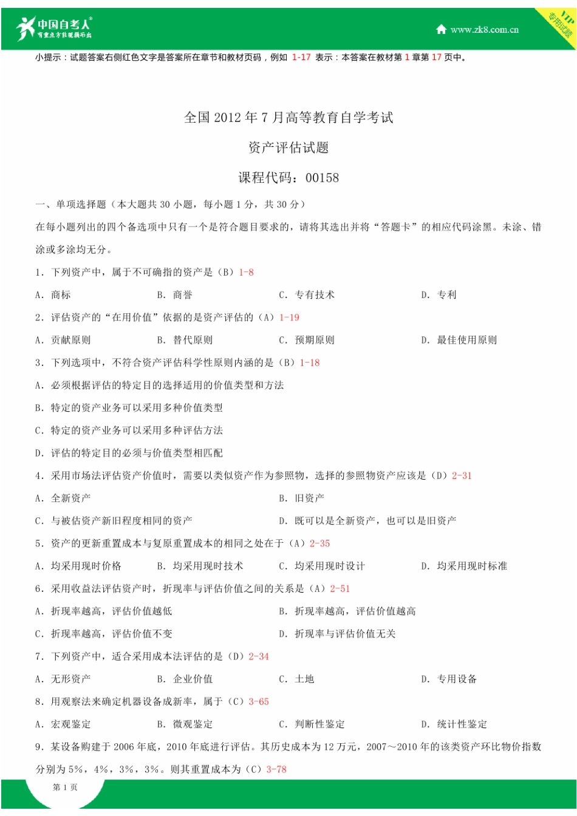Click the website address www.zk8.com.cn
point(484,30)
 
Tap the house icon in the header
point(442,29)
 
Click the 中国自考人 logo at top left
point(54,29)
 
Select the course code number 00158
point(322,178)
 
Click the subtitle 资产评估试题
point(288,148)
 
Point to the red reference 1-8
point(246,273)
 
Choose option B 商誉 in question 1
point(175,295)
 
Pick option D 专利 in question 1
point(439,295)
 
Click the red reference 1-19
point(289,318)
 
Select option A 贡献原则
point(63,340)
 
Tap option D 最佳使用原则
point(459,340)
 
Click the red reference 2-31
point(462,476)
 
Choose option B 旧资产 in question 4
point(302,498)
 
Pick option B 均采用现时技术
point(200,566)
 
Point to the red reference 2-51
point(340,589)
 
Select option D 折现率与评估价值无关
point(338,634)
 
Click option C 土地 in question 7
point(297,679)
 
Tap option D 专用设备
point(449,679)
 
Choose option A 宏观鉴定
point(63,724)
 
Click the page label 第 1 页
point(65,787)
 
